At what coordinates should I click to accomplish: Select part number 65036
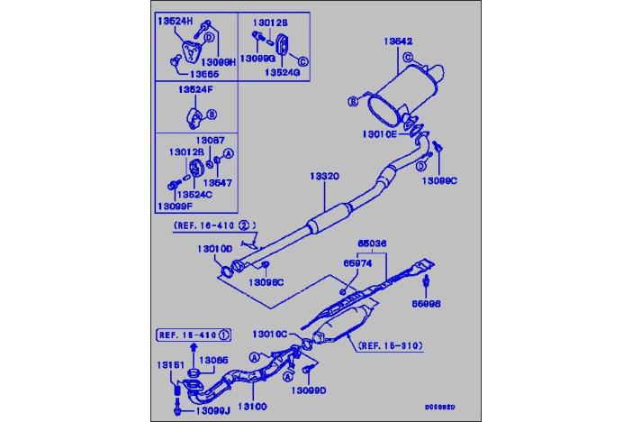[370, 243]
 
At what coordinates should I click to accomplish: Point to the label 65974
[356, 263]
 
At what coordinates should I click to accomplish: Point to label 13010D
[215, 248]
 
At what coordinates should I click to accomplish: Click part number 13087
[212, 141]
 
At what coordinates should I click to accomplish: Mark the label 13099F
[173, 206]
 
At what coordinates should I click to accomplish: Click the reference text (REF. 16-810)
[390, 345]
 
